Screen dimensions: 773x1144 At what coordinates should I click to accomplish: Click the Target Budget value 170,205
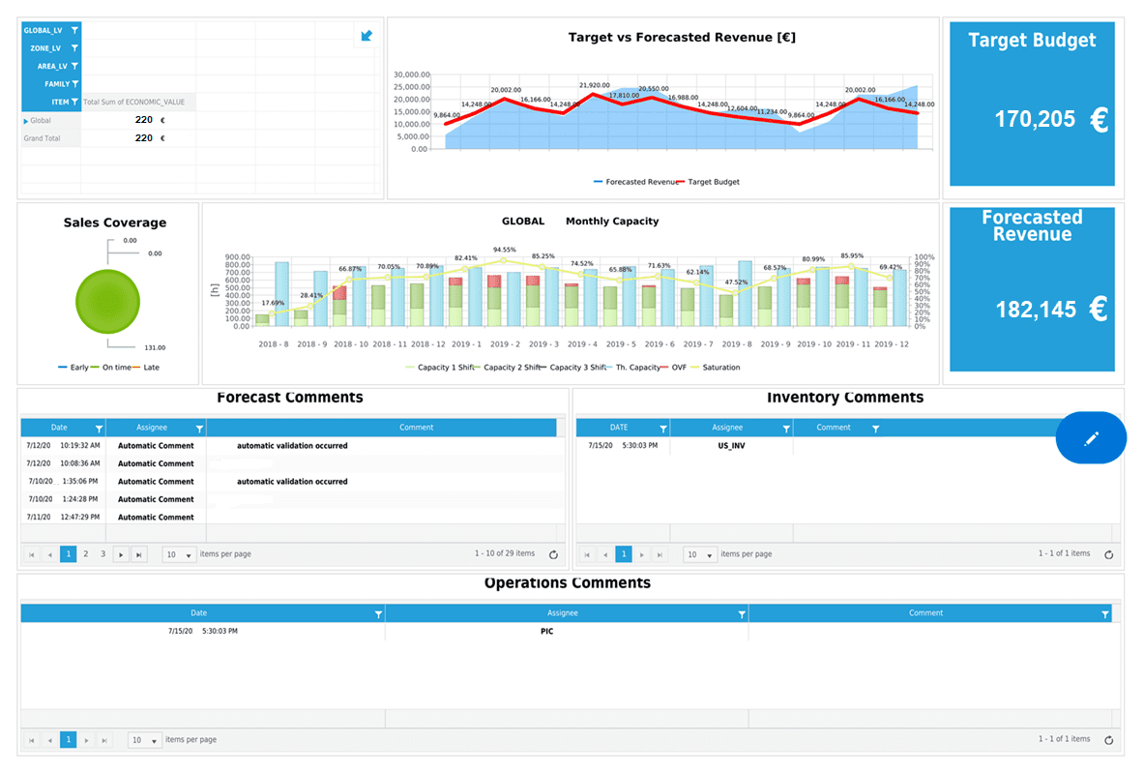1035,119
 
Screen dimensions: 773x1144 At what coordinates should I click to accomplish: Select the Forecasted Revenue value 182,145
1035,310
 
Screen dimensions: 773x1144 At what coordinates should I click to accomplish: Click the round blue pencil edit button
1091,438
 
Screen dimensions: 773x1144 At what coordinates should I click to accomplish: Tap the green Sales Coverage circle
107,303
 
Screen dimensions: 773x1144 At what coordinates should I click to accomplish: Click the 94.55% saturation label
504,250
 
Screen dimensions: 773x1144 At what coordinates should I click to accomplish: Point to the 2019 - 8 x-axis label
736,344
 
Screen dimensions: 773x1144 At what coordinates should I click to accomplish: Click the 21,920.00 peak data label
595,85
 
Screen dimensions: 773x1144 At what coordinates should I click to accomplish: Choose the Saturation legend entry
720,368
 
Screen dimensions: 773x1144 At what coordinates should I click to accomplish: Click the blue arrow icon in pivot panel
367,37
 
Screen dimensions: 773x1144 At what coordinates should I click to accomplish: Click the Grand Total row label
42,138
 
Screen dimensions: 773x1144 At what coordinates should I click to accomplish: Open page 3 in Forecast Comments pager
103,554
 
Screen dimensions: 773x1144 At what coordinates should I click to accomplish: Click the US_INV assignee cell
731,446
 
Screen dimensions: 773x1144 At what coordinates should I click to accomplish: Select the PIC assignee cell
547,632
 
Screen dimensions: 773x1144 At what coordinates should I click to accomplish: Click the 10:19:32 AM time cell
80,446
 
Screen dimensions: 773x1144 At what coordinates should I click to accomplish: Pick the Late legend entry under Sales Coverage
151,368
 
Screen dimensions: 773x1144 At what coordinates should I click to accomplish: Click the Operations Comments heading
567,583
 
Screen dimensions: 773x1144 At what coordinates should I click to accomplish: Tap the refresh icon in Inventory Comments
1108,555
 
